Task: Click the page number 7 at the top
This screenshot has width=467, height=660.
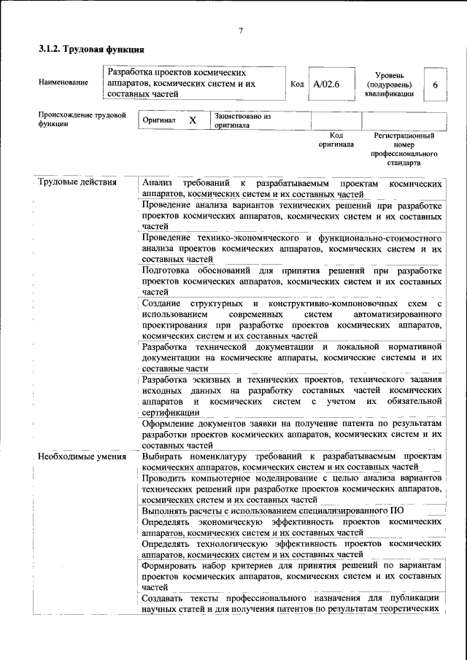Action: pyautogui.click(x=239, y=30)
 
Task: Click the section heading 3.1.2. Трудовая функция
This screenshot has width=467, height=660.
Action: pyautogui.click(x=91, y=50)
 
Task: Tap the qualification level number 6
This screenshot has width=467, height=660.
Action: pyautogui.click(x=435, y=85)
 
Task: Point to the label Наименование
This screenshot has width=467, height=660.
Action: pyautogui.click(x=63, y=82)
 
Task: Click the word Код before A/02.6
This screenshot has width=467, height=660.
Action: pyautogui.click(x=297, y=84)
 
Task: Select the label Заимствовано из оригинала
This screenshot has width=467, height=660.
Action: pyautogui.click(x=242, y=120)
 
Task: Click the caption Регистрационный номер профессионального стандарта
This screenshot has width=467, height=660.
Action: pyautogui.click(x=404, y=150)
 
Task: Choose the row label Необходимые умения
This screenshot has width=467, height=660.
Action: pyautogui.click(x=80, y=457)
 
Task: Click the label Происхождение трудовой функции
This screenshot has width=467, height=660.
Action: pyautogui.click(x=82, y=120)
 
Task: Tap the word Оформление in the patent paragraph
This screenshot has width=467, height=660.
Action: pyautogui.click(x=171, y=424)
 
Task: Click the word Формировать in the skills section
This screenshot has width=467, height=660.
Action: pyautogui.click(x=172, y=566)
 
